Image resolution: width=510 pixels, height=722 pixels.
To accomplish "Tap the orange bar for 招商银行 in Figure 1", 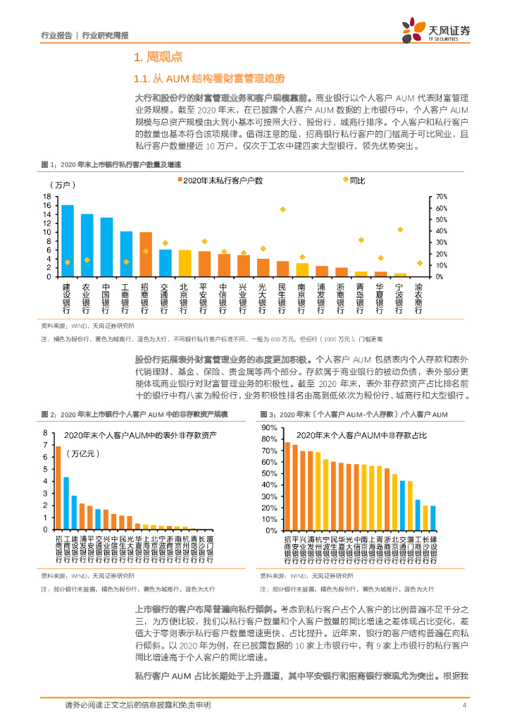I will (146, 254).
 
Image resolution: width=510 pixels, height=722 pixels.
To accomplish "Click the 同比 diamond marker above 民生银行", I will (282, 209).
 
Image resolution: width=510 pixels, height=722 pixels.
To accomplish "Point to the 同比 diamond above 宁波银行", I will (400, 230).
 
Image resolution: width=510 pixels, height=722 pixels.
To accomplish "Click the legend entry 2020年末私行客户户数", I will (218, 181).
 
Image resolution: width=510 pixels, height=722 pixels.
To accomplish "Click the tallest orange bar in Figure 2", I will (58, 487).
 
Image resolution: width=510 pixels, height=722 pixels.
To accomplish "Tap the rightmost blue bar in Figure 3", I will (433, 517).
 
